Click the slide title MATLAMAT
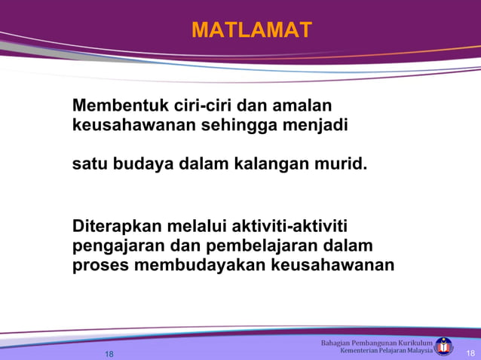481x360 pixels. [251, 30]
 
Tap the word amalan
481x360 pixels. [305, 105]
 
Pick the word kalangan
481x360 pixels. [259, 162]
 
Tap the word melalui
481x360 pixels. [199, 227]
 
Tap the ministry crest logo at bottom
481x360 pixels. [445, 346]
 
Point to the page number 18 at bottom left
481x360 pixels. [109, 354]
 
